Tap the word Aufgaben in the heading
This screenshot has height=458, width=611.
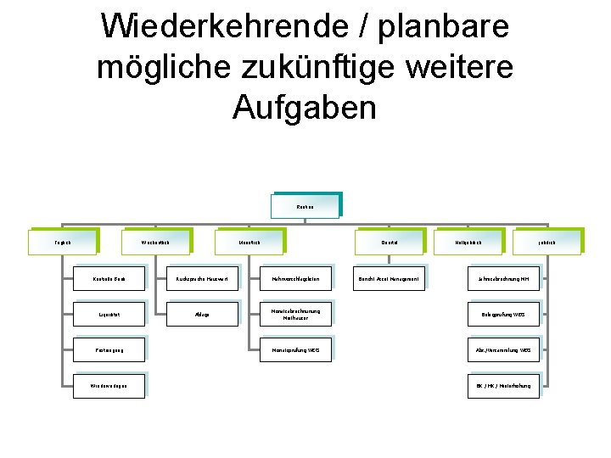tap(305, 107)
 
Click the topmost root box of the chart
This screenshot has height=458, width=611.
tap(305, 205)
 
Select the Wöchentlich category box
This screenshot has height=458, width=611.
tap(156, 242)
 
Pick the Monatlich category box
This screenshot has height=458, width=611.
tap(249, 242)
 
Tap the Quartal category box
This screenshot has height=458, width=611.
tap(390, 242)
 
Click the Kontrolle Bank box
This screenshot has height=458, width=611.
tap(109, 278)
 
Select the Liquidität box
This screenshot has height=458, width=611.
tap(109, 314)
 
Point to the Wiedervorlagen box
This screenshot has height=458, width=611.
tap(109, 386)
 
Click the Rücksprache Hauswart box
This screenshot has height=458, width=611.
tap(202, 278)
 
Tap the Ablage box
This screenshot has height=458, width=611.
tap(202, 314)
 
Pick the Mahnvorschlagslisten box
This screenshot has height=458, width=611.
tap(296, 278)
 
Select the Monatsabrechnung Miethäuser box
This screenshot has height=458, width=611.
tap(296, 314)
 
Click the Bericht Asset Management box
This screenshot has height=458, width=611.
tap(389, 278)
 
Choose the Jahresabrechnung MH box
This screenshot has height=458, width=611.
tap(503, 278)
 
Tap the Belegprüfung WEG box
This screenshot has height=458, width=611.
tap(503, 314)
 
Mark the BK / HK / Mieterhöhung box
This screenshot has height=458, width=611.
tap(503, 386)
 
